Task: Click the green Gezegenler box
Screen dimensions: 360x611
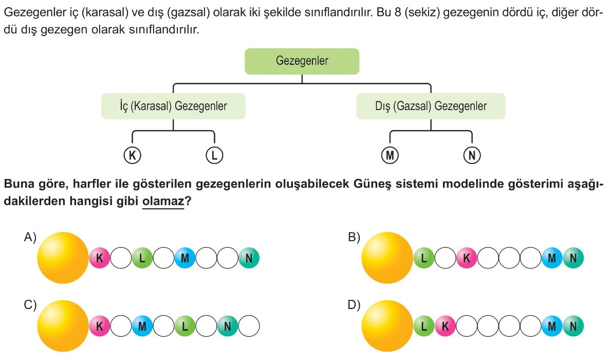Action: coord(302,61)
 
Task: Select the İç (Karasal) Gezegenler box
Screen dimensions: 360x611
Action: coord(173,106)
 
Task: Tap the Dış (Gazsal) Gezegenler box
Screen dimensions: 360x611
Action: coord(431,106)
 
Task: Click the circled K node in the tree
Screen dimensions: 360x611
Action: coord(132,155)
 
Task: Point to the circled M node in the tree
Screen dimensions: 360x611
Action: coord(390,155)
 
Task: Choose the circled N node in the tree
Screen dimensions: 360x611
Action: coord(471,155)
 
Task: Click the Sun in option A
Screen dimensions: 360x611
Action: coord(63,258)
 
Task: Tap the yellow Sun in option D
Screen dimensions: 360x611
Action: coord(388,326)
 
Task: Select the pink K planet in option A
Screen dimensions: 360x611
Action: coord(100,258)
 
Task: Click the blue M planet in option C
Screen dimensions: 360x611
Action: coord(142,326)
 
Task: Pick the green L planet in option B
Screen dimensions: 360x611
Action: coord(424,258)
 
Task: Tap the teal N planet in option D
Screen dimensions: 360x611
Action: coord(573,326)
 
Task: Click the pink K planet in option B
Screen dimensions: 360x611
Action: coord(467,258)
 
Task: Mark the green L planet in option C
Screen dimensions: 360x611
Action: coord(185,326)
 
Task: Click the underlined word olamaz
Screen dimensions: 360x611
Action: coord(163,202)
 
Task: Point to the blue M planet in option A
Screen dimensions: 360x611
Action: coord(185,258)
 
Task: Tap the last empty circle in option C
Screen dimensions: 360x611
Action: coord(249,326)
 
